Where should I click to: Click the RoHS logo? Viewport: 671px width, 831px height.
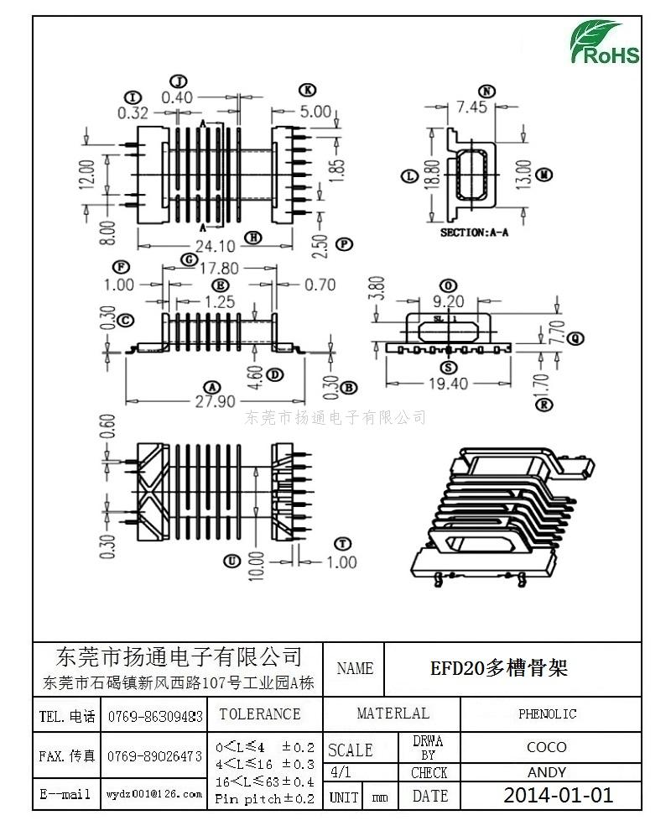(606, 43)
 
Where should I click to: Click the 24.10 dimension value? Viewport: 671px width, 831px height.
(215, 246)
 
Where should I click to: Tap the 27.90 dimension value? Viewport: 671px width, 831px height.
(216, 400)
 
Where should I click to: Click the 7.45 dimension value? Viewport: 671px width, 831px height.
(471, 107)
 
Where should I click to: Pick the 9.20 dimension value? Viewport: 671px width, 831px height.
(449, 301)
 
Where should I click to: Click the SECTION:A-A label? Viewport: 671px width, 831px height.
(474, 233)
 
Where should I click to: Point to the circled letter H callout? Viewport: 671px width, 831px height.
(252, 238)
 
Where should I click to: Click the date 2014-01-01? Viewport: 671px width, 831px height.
(558, 795)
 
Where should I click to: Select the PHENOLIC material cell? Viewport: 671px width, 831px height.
(547, 714)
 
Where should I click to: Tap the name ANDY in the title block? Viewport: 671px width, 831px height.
(547, 772)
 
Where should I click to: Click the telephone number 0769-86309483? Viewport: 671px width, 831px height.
(155, 717)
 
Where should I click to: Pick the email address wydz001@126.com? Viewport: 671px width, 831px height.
(154, 793)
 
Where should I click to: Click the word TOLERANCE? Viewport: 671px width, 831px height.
(259, 714)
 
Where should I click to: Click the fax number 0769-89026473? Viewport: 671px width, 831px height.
(154, 756)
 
